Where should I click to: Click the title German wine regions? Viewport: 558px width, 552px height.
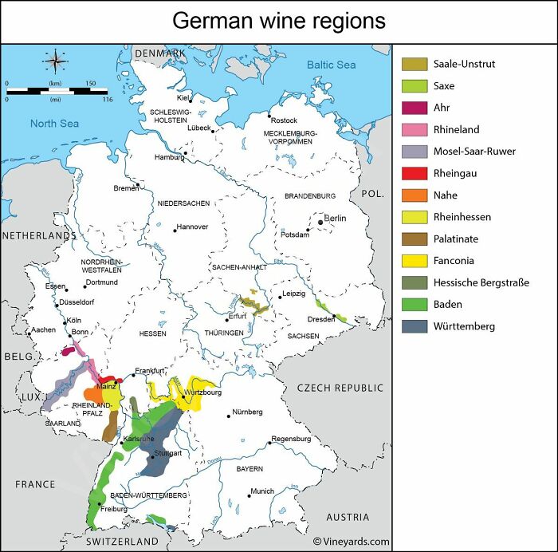(278, 21)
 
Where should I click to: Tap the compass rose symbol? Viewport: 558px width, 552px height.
(55, 61)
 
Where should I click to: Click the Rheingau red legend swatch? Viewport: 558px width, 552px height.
(415, 173)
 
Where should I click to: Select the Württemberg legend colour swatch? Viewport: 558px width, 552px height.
(415, 326)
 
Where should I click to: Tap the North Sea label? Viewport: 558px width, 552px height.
(54, 124)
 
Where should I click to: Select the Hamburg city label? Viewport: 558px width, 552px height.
(169, 157)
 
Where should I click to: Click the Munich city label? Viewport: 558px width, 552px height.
(262, 491)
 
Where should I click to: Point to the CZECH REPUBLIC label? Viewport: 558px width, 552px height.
(340, 388)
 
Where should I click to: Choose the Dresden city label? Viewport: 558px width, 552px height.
(320, 319)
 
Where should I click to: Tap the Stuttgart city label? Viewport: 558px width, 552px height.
(167, 453)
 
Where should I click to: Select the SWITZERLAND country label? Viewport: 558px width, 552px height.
(122, 541)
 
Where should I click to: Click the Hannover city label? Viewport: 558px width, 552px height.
(191, 227)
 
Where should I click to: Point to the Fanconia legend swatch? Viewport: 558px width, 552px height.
(415, 261)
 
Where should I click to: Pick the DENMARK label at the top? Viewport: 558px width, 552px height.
(159, 53)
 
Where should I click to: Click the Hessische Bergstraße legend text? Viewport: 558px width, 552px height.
(481, 282)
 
